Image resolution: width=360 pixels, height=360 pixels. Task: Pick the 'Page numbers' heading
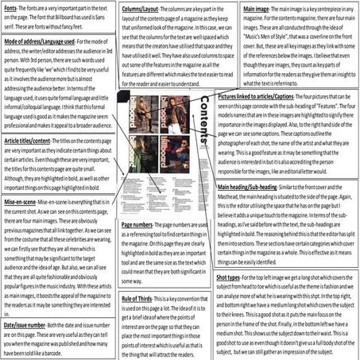[141, 225]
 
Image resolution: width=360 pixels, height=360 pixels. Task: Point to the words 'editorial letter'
[315, 170]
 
